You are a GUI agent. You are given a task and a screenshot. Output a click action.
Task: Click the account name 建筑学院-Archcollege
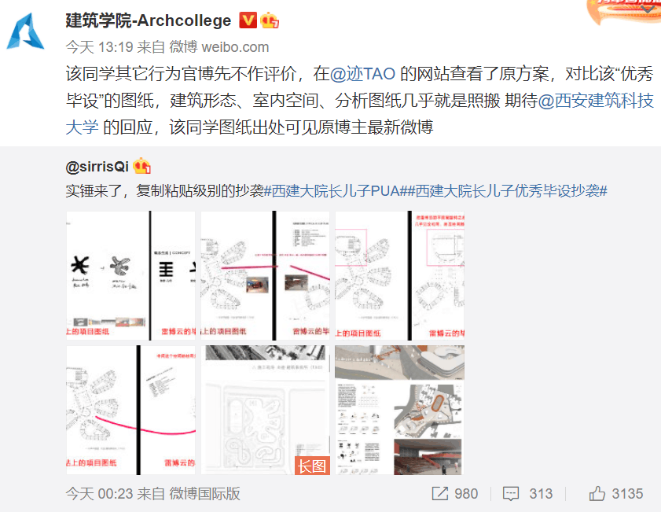(x=149, y=20)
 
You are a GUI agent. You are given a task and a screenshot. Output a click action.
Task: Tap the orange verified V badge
(x=247, y=20)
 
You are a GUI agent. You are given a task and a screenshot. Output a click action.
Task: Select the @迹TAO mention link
(x=363, y=75)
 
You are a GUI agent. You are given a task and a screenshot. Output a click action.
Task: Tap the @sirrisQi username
(x=98, y=166)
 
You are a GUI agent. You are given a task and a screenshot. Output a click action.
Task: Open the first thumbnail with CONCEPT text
(x=130, y=275)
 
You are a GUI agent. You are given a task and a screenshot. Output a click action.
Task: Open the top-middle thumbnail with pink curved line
(x=265, y=275)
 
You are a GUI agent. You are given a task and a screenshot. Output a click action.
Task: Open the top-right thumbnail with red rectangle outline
(x=399, y=275)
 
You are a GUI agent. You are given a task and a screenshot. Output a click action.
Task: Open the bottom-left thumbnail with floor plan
(x=130, y=410)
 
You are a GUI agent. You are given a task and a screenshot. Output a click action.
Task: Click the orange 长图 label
(x=311, y=466)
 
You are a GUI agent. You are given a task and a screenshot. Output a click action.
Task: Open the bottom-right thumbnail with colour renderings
(x=399, y=410)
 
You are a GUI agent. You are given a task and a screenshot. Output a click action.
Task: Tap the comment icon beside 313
(x=511, y=494)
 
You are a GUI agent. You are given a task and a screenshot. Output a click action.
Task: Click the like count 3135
(x=628, y=494)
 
